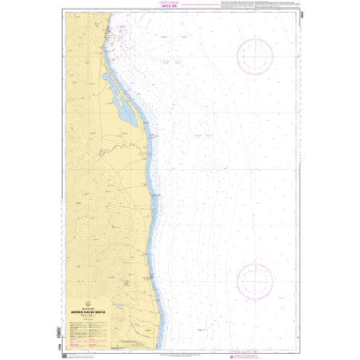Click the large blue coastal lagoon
pyautogui.click(x=127, y=117)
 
